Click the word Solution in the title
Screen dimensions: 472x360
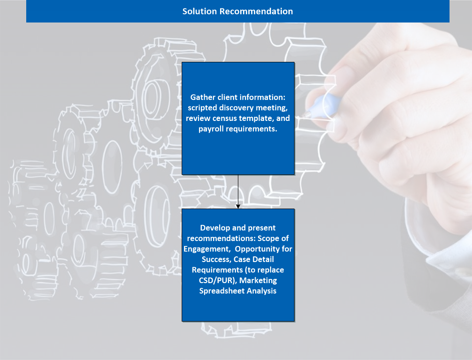(x=199, y=11)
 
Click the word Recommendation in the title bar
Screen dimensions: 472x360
(x=256, y=11)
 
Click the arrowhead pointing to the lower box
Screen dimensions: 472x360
(x=238, y=206)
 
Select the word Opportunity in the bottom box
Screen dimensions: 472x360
(x=258, y=249)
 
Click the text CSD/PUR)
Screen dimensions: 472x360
(x=218, y=280)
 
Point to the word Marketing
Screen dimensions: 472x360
(x=258, y=280)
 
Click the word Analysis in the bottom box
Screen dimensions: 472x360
(x=261, y=291)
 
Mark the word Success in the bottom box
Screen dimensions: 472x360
(x=216, y=259)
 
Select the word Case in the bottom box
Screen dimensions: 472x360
(x=243, y=259)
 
